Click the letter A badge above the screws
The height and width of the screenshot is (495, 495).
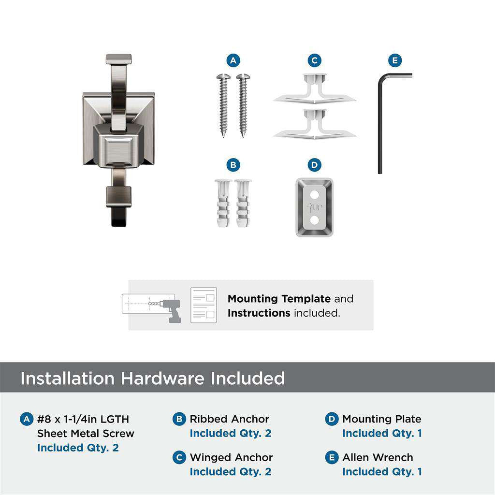[x=233, y=60]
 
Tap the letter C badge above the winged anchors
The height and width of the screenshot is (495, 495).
[x=314, y=60]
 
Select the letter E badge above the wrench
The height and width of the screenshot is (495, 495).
[x=395, y=60]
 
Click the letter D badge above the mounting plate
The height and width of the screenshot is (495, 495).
[x=314, y=165]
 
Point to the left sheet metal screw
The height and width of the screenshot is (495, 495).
[x=223, y=104]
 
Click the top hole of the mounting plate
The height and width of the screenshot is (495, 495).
[x=315, y=194]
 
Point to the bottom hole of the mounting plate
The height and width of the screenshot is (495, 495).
[x=315, y=220]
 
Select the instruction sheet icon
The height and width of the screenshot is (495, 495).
[x=204, y=305]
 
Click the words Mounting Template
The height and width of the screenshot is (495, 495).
[x=279, y=299]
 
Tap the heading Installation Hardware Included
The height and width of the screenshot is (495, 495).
[x=152, y=378]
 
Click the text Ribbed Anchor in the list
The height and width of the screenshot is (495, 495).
[x=229, y=419]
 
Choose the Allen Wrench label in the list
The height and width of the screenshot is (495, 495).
[x=378, y=457]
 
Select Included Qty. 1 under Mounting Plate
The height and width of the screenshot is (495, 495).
[x=382, y=433]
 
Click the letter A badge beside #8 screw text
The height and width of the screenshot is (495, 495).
[x=27, y=419]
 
